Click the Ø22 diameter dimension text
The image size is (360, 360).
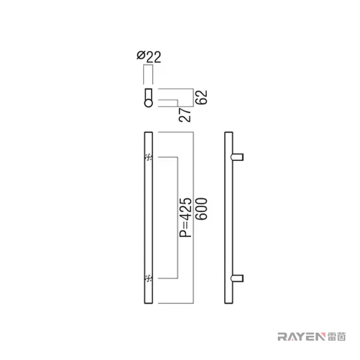click(149, 57)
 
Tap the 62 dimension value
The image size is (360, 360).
click(202, 98)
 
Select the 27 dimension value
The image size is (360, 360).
click(185, 115)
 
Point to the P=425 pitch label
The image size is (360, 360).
click(185, 217)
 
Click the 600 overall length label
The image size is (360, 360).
click(202, 209)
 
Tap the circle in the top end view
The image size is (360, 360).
click(148, 103)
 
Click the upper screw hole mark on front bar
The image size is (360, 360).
click(148, 157)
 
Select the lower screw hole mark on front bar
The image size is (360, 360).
click(148, 278)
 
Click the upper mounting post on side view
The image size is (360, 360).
click(237, 157)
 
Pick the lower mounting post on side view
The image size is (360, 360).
click(237, 278)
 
